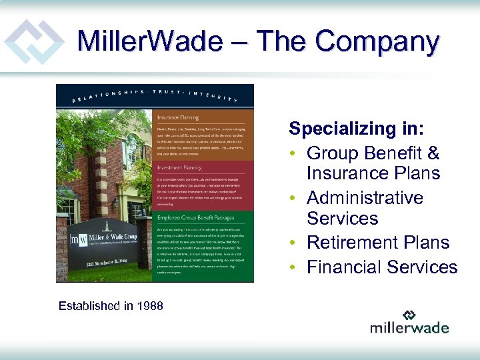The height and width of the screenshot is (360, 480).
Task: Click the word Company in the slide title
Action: pyautogui.click(x=377, y=41)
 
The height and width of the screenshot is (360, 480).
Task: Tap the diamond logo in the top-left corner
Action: pyautogui.click(x=33, y=41)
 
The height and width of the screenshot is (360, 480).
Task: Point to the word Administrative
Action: pyautogui.click(x=365, y=198)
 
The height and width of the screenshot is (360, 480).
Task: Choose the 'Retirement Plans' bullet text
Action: pyautogui.click(x=378, y=243)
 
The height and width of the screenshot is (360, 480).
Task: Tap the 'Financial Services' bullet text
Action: pyautogui.click(x=382, y=267)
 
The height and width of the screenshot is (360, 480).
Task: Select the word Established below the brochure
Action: pyautogui.click(x=90, y=306)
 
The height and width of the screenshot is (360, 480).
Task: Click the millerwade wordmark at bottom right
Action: pyautogui.click(x=409, y=327)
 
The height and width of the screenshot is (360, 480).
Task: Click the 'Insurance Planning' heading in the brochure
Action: pyautogui.click(x=177, y=117)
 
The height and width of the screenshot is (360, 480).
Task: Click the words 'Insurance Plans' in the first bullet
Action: pyautogui.click(x=373, y=173)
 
